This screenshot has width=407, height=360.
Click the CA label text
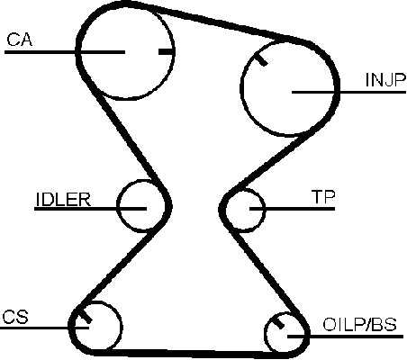click(x=20, y=40)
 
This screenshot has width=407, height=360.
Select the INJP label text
click(x=385, y=80)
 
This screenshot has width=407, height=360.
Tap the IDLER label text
click(x=63, y=200)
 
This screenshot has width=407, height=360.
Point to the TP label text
click(x=323, y=197)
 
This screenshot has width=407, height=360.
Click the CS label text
click(x=15, y=317)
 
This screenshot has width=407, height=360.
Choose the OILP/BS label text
click(x=359, y=325)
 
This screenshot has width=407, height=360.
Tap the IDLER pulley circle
click(x=116, y=206)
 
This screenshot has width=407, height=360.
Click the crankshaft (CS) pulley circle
click(x=122, y=327)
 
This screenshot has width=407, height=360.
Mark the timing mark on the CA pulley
click(x=166, y=52)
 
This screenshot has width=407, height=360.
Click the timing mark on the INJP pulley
click(x=260, y=58)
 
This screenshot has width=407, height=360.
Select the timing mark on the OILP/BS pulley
click(x=278, y=323)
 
